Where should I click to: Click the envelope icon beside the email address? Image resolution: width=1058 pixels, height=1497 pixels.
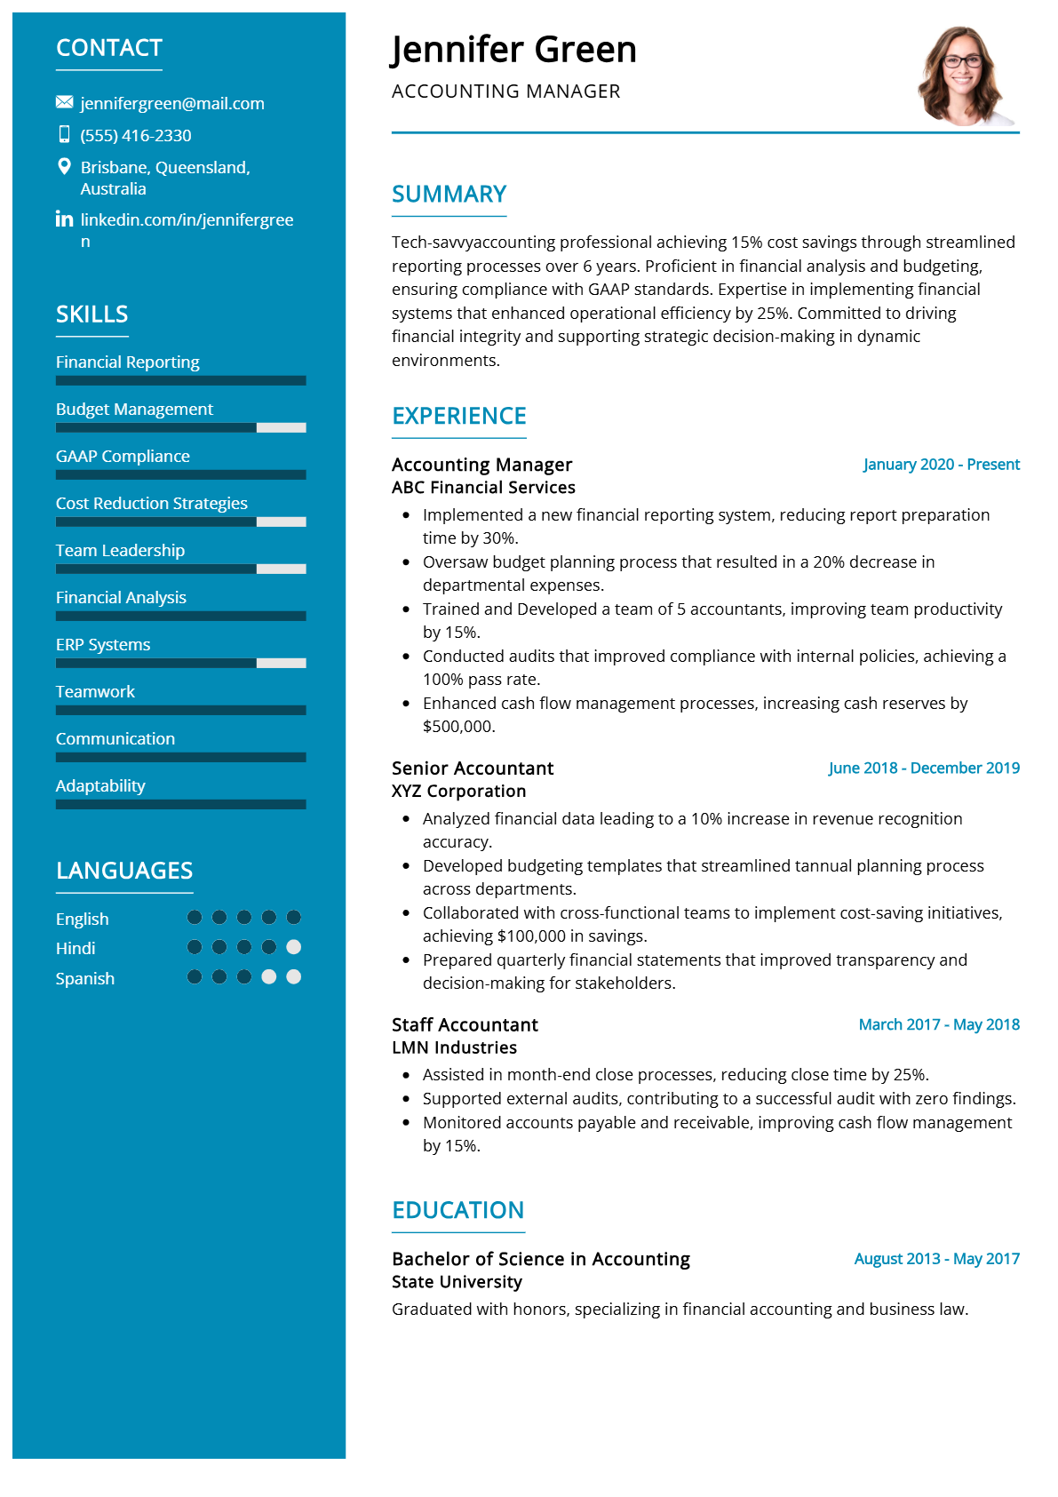click(64, 102)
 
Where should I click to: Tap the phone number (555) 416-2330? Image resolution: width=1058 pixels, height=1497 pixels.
click(136, 136)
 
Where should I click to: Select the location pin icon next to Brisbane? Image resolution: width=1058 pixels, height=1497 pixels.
click(64, 166)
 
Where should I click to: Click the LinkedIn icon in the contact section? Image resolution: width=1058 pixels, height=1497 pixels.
click(64, 219)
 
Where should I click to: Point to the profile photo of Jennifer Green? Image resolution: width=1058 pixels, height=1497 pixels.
click(963, 76)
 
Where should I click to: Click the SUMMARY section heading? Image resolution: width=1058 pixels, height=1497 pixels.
click(449, 195)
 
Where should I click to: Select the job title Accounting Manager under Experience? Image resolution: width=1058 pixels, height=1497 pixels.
click(481, 465)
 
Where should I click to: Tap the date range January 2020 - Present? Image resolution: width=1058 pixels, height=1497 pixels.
click(941, 465)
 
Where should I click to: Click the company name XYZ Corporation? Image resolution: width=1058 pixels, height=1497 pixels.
click(458, 791)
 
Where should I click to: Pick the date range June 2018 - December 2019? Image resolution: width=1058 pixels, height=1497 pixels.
click(924, 768)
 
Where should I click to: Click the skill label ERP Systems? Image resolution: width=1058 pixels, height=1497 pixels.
click(103, 645)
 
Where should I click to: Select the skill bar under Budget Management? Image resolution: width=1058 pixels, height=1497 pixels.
click(180, 427)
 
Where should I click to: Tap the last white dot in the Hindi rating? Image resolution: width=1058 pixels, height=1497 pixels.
click(294, 947)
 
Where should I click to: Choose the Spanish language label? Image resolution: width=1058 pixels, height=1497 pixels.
click(85, 978)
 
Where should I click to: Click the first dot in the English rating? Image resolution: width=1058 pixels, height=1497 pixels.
click(195, 918)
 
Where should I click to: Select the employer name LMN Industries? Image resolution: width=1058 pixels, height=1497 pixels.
click(454, 1047)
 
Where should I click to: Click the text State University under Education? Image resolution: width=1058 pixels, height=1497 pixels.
click(457, 1282)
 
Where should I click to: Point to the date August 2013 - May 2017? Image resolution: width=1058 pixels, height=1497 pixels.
click(936, 1259)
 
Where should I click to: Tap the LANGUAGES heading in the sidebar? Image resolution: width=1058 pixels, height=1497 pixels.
click(124, 871)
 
